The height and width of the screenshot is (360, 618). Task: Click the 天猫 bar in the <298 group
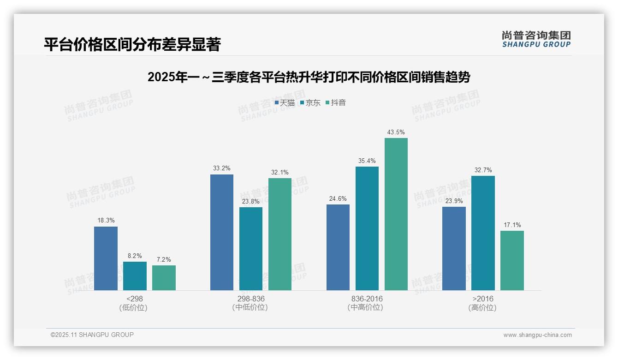[x=106, y=258]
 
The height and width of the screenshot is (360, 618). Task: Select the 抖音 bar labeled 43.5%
[x=396, y=214]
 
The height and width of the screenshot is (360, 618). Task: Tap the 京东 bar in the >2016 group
[x=483, y=233]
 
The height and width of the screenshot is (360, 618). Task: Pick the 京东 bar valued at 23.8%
[x=251, y=249]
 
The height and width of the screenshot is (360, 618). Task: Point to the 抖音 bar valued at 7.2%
[x=164, y=278]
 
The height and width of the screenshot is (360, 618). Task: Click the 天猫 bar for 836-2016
[x=338, y=247]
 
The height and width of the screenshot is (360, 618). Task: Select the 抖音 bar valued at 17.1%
[x=512, y=260]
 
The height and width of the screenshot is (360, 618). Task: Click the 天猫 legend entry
[x=285, y=103]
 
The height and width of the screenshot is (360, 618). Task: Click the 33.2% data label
[x=222, y=168]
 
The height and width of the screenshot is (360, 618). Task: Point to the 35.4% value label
[x=367, y=161]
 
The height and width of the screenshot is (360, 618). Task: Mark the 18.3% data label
[x=106, y=221]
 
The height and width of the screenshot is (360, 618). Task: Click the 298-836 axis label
[x=250, y=299]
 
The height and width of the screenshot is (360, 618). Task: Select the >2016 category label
[x=483, y=299]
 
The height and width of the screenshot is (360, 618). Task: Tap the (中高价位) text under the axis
[x=367, y=307]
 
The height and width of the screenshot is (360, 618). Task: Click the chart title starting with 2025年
[x=309, y=77]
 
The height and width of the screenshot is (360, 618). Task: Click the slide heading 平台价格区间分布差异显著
[x=132, y=44]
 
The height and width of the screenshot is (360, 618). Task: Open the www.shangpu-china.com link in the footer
[x=537, y=335]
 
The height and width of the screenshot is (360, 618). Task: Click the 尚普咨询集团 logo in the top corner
[x=536, y=39]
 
